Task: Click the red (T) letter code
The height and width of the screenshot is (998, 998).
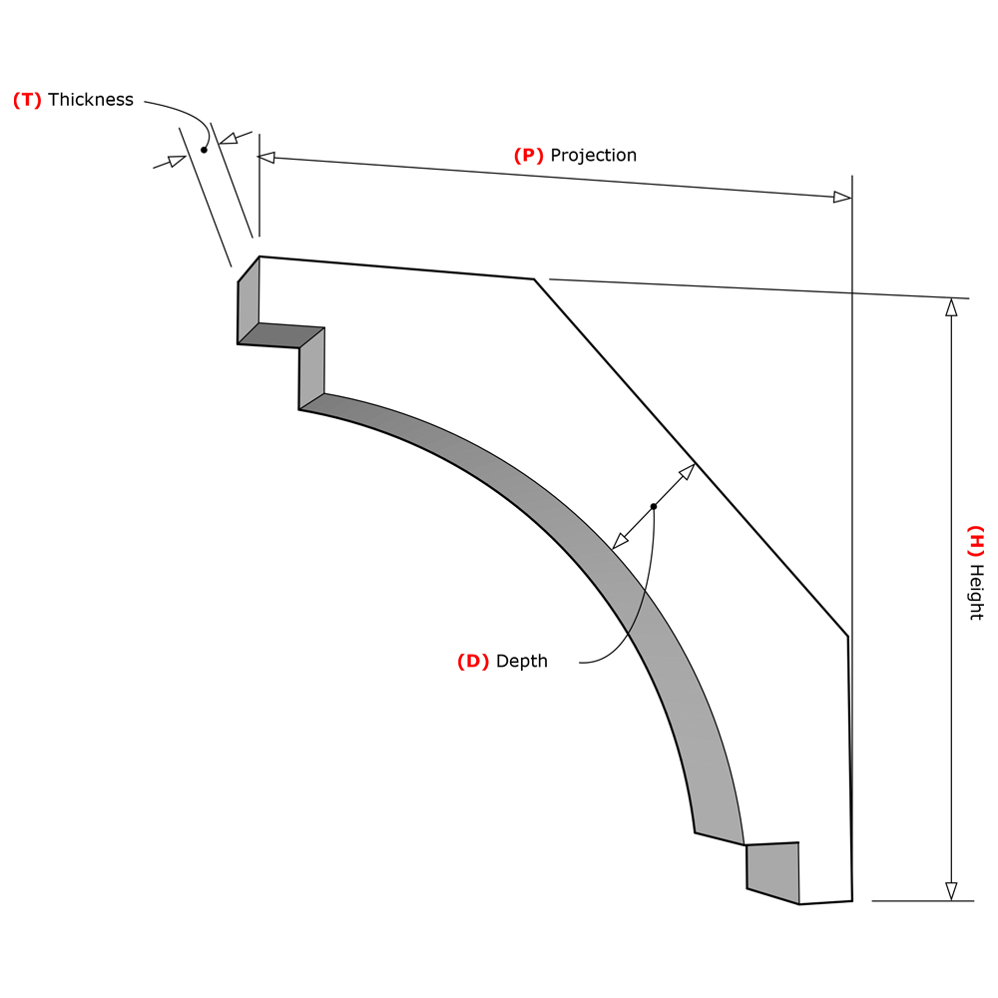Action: pyautogui.click(x=27, y=100)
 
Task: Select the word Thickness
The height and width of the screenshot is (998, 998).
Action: pyautogui.click(x=91, y=100)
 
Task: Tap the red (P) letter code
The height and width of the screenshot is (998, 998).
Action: pyautogui.click(x=528, y=156)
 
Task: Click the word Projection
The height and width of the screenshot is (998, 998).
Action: pyautogui.click(x=594, y=156)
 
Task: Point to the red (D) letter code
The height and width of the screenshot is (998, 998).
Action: pyautogui.click(x=473, y=662)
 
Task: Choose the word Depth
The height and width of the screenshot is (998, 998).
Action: pyautogui.click(x=522, y=662)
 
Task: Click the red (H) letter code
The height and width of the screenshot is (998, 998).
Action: pyautogui.click(x=976, y=540)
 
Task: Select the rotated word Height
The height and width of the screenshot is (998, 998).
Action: pyautogui.click(x=976, y=593)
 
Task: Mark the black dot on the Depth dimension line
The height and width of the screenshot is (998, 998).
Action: pyautogui.click(x=654, y=507)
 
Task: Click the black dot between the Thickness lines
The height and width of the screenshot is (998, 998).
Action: pyautogui.click(x=204, y=150)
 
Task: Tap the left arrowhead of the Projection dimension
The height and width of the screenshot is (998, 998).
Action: pyautogui.click(x=266, y=157)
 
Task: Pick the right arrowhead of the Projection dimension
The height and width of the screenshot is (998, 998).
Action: pyautogui.click(x=842, y=198)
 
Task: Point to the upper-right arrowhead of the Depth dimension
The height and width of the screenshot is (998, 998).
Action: pyautogui.click(x=688, y=471)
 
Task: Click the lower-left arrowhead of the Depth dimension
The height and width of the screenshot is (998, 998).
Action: pyautogui.click(x=620, y=542)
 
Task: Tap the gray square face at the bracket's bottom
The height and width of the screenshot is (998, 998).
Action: pyautogui.click(x=773, y=871)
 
